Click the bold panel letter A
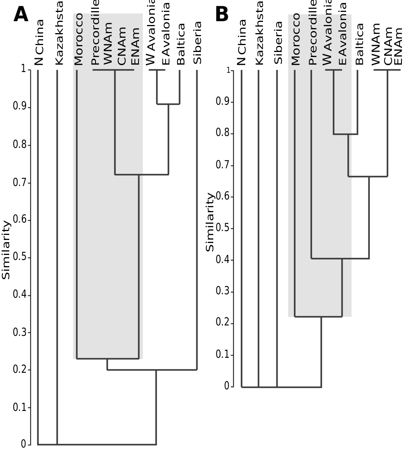(21, 14)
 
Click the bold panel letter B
(221, 14)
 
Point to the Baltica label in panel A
(180, 44)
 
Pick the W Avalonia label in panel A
(151, 33)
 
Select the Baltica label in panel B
(359, 44)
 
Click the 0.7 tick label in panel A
(19, 182)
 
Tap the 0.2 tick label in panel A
(19, 370)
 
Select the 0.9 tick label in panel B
(223, 102)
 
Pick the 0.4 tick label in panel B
(223, 260)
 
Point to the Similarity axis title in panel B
(210, 223)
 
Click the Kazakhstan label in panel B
(259, 33)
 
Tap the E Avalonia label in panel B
(343, 34)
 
